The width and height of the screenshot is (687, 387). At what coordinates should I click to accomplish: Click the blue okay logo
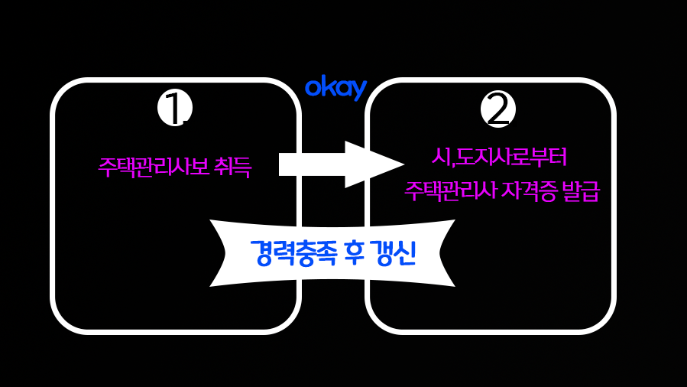point(335,88)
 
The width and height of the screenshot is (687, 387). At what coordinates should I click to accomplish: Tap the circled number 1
point(174,109)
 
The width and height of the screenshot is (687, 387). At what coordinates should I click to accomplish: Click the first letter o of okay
point(313,89)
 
